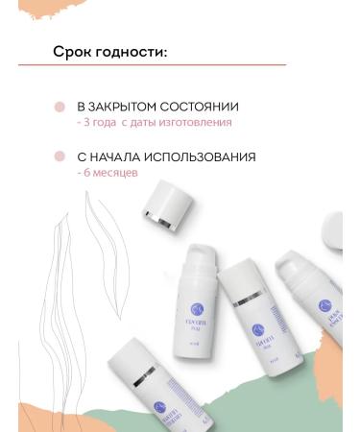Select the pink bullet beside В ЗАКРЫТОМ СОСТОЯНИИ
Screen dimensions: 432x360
click(60, 108)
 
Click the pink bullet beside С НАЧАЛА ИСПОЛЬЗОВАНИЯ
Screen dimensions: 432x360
click(60, 156)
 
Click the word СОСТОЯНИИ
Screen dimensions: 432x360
click(204, 107)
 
